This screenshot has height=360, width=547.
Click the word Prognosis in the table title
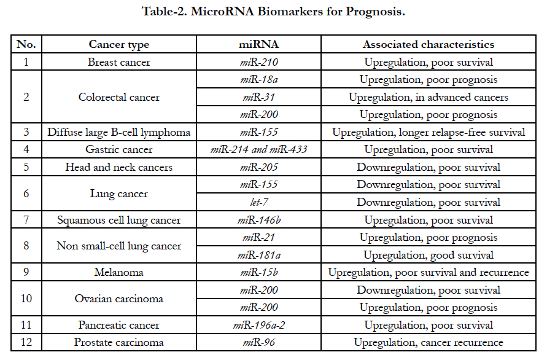tap(375, 12)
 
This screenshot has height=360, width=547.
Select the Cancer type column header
tap(119, 44)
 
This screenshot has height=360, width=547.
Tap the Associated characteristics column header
tap(429, 44)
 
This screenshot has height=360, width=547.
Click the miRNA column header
tap(259, 44)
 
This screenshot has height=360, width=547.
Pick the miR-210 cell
tap(259, 62)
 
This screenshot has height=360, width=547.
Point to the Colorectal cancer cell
tap(119, 97)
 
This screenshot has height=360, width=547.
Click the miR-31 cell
tap(259, 97)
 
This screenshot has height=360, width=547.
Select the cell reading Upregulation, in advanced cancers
tap(429, 97)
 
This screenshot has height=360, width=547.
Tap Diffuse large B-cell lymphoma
tap(119, 132)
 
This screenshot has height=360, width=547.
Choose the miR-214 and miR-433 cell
tap(259, 149)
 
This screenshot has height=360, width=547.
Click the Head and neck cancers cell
tap(119, 167)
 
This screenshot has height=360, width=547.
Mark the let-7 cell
tap(259, 202)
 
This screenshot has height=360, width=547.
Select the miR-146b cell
tap(259, 220)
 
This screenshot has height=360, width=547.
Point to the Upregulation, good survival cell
tap(429, 255)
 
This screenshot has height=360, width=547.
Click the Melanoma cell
tap(119, 272)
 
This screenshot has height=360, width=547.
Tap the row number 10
tap(26, 299)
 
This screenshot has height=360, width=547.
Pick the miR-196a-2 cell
tap(259, 325)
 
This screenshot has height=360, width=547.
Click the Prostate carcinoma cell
tap(119, 343)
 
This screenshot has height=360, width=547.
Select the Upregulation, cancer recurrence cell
tap(429, 343)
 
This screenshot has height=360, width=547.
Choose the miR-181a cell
tap(259, 255)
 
